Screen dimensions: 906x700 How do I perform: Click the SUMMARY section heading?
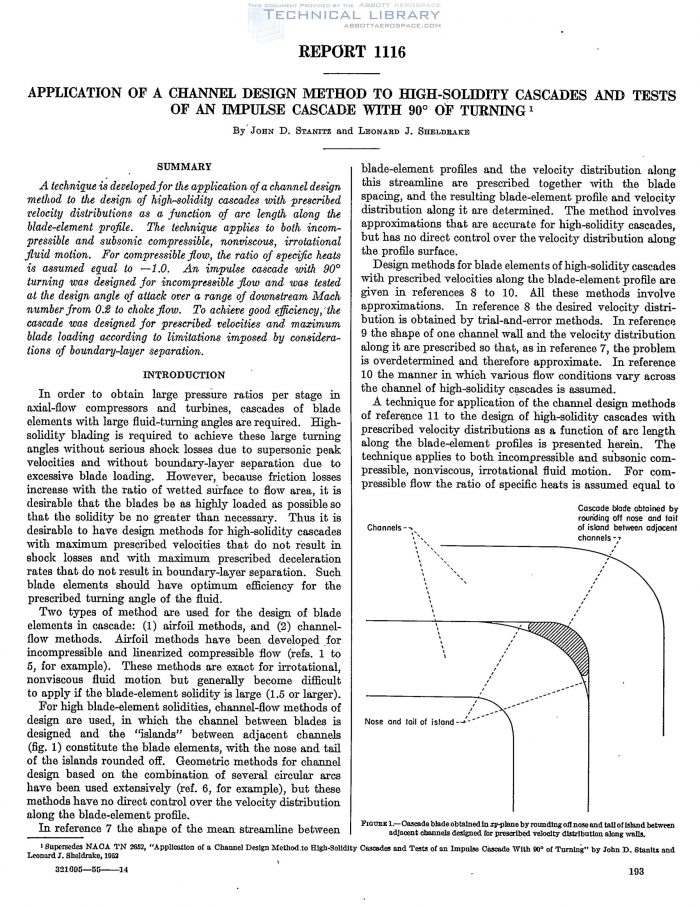click(182, 166)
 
